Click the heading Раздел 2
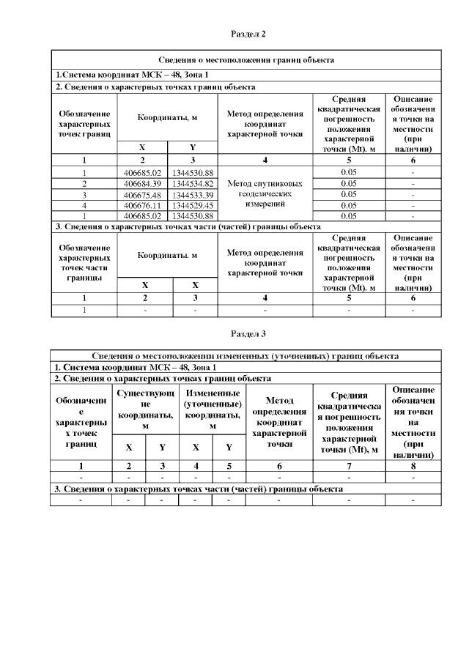pos(248,34)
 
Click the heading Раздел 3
pos(248,333)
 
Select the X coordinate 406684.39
pos(142,182)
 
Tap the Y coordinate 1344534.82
pos(193,182)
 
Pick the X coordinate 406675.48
pos(142,194)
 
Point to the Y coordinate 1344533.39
pos(193,194)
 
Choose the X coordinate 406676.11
pos(142,205)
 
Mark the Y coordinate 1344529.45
pos(193,205)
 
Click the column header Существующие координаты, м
pos(145,410)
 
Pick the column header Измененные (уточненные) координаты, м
pos(212,410)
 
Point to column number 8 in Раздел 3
pos(413,465)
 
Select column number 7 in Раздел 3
pos(348,465)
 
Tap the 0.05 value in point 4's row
pos(349,205)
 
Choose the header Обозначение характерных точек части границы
pos(84,263)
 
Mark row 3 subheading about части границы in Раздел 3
pos(199,489)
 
